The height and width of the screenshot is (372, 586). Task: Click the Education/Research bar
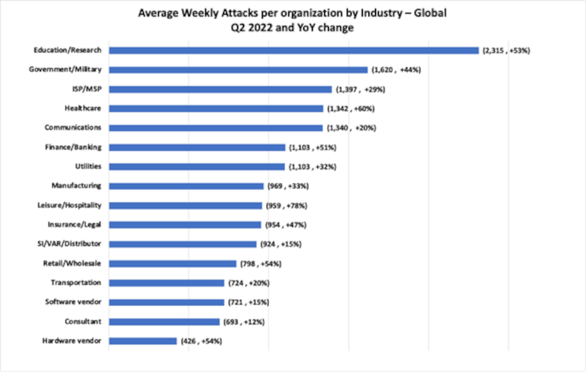click(x=293, y=51)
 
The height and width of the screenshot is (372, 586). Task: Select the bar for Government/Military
click(x=238, y=70)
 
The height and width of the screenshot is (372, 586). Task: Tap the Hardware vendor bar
click(x=143, y=341)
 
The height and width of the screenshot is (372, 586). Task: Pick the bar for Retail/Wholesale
click(x=172, y=264)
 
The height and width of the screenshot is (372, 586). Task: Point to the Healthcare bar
click(x=216, y=108)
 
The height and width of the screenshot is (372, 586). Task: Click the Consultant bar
click(x=164, y=321)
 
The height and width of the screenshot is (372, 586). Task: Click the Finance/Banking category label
click(x=78, y=147)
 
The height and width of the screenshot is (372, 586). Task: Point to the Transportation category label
click(x=81, y=283)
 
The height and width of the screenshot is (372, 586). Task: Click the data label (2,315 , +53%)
click(x=505, y=51)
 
